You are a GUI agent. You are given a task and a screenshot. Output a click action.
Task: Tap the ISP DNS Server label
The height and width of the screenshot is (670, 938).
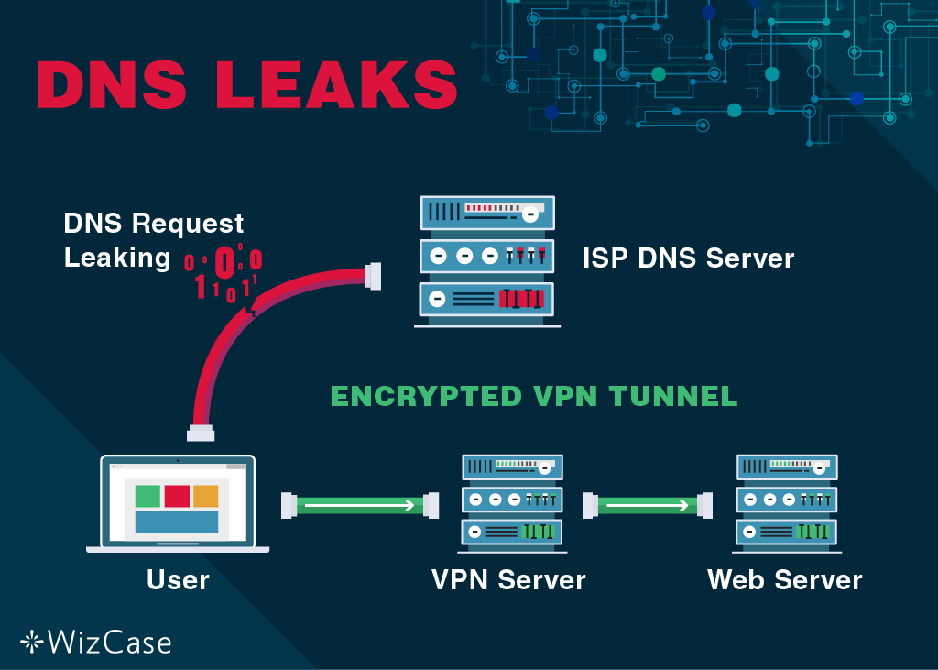688,258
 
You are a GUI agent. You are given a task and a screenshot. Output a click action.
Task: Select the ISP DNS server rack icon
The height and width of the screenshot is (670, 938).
486,261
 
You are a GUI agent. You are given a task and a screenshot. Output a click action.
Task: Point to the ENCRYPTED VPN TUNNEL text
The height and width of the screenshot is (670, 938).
533,396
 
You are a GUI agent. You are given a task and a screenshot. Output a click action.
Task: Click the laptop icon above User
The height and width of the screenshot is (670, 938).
178,504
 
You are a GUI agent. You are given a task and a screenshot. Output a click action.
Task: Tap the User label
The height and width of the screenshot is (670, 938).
178,579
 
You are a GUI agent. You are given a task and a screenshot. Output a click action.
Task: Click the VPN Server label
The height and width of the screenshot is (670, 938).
508,579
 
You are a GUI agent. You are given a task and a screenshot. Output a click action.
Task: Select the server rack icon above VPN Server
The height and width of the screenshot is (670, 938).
511,503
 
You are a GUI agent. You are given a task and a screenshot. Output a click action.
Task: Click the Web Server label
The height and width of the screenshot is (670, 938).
785,579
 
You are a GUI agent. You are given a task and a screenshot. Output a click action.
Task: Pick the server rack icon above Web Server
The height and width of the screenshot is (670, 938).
789,503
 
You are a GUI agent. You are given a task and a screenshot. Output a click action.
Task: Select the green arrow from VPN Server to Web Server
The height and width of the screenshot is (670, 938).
648,504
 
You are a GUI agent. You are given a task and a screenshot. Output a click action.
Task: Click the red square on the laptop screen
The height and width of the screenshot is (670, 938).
177,496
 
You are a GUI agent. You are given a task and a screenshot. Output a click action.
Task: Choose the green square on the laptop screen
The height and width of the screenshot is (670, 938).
147,496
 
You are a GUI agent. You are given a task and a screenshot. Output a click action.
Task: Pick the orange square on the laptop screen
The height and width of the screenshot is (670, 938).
206,496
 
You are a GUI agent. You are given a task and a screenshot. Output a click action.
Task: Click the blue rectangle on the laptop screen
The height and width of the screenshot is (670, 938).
177,522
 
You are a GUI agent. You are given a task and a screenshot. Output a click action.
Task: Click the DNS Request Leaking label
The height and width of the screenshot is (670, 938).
153,240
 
